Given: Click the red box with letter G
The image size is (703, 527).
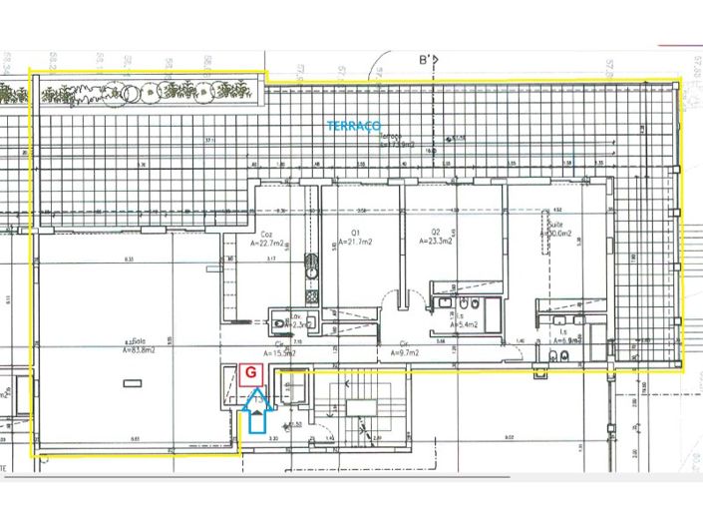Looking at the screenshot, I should pyautogui.click(x=251, y=373).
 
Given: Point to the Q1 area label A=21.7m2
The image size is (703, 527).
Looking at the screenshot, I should pyautogui.click(x=356, y=242).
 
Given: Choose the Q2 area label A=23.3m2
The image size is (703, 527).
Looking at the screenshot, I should pyautogui.click(x=437, y=242).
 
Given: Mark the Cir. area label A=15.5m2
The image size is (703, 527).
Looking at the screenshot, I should pyautogui.click(x=280, y=352).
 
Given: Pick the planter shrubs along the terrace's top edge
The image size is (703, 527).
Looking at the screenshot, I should pyautogui.click(x=150, y=92).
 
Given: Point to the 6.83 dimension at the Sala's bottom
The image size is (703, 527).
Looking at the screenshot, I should pyautogui.click(x=133, y=439).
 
